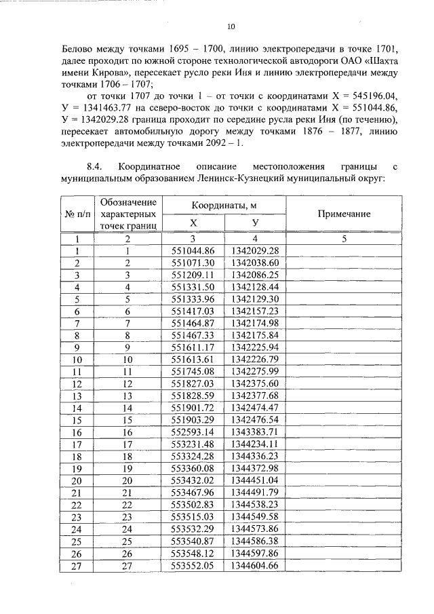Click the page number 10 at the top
(x=231, y=27)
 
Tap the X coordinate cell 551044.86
(x=193, y=250)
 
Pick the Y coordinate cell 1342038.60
(x=254, y=263)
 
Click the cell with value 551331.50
(x=193, y=287)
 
